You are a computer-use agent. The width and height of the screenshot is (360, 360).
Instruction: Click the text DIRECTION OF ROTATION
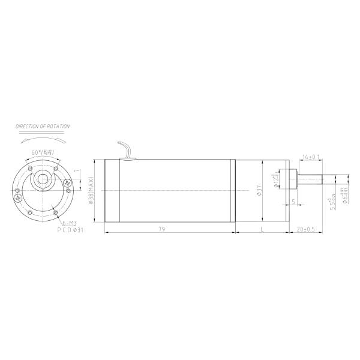coord(43,127)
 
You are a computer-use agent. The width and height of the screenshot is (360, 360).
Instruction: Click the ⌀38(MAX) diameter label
coord(91,190)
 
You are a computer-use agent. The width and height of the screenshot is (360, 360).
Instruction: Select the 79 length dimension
coord(161,229)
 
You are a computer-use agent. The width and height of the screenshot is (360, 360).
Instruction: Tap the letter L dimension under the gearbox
coord(263,229)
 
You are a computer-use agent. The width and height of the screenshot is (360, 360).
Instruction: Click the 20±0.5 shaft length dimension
coord(307,229)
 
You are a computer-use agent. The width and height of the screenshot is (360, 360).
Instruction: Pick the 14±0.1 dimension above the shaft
coord(311,157)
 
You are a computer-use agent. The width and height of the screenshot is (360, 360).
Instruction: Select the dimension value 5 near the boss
coord(292,202)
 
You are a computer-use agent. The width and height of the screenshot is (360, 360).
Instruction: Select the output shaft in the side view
coord(313,179)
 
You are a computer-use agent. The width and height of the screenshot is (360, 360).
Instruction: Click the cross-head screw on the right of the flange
coord(68,183)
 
